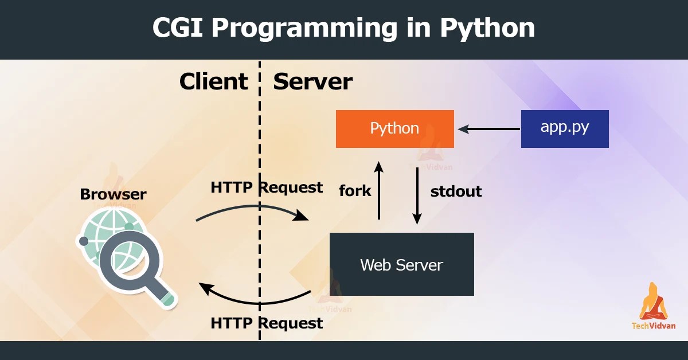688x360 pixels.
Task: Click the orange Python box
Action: (394, 128)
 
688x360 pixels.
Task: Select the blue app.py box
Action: (564, 128)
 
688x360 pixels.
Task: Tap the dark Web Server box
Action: (401, 264)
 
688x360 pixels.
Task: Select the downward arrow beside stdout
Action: (417, 195)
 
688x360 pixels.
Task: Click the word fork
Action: (355, 190)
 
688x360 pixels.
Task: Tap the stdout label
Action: (456, 191)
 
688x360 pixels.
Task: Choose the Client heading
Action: (213, 82)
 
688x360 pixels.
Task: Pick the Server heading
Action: (312, 82)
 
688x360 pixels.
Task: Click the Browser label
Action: (113, 194)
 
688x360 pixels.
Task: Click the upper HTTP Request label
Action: (267, 187)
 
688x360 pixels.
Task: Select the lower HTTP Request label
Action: (267, 323)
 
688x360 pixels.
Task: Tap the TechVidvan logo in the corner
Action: (653, 307)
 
